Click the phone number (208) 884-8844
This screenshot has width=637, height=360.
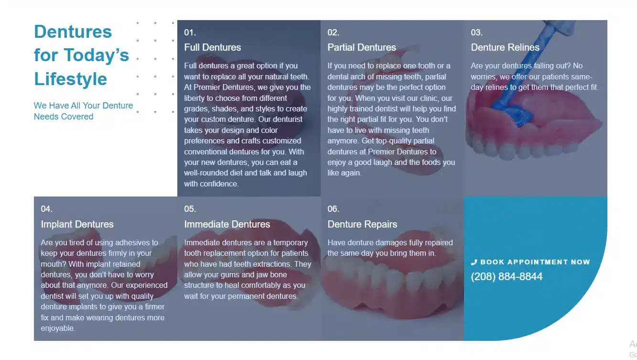[x=507, y=277]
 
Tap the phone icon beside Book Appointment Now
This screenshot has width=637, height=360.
[x=474, y=262]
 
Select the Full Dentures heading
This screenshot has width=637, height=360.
[x=213, y=47]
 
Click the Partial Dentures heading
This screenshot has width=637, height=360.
[x=361, y=47]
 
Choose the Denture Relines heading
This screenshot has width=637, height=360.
[x=505, y=47]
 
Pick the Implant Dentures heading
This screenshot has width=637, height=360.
[x=77, y=224]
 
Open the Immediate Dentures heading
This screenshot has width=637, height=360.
[x=227, y=224]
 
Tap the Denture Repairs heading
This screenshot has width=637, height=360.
[x=362, y=224]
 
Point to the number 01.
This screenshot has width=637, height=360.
[x=190, y=33]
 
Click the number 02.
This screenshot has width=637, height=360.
[x=333, y=33]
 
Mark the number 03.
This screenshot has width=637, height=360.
[x=476, y=33]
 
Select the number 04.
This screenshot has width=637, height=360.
[x=47, y=209]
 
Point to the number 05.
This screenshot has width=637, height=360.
[x=190, y=209]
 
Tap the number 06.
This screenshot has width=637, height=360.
[x=333, y=209]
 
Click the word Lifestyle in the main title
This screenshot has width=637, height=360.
[x=71, y=79]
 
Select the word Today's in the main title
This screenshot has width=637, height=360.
[x=97, y=55]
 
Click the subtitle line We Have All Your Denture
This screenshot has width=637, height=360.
[x=83, y=106]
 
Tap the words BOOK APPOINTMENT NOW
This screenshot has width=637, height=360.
[x=535, y=262]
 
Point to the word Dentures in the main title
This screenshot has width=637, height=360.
[x=73, y=31]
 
